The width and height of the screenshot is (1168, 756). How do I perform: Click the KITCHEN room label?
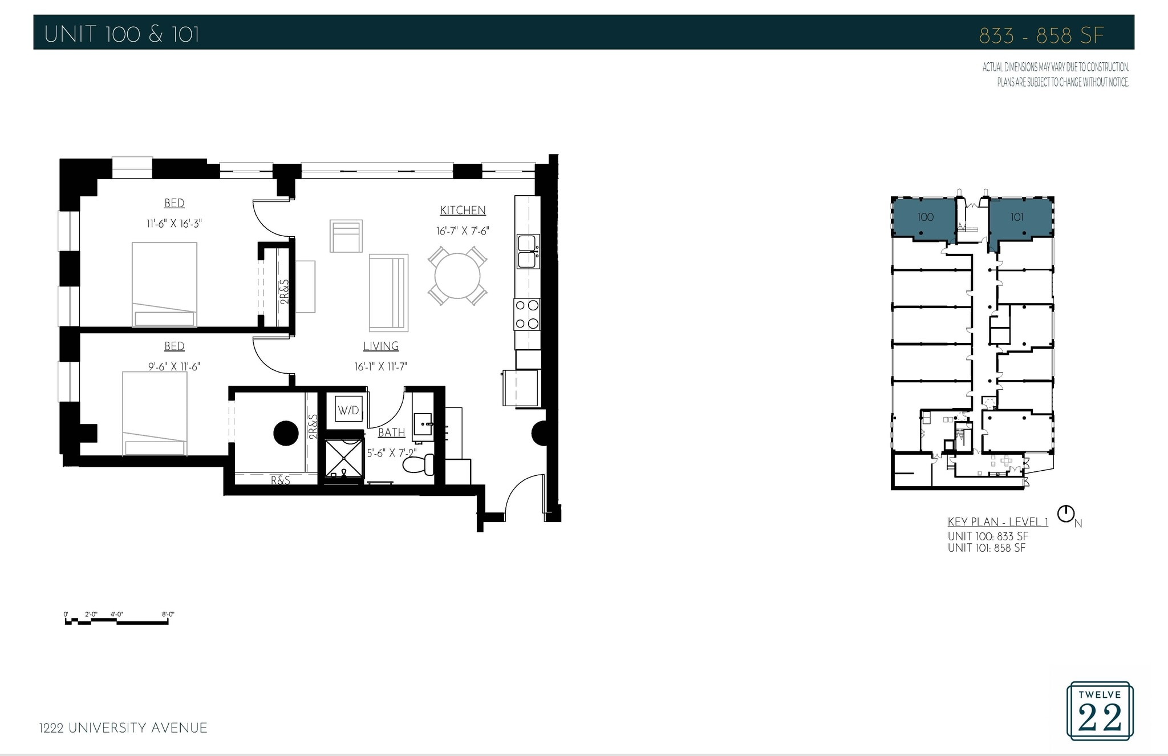[463, 211]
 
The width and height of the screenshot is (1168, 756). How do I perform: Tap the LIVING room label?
[381, 346]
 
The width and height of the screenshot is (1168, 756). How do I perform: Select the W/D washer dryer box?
[348, 410]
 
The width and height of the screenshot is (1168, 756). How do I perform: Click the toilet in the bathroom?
[419, 464]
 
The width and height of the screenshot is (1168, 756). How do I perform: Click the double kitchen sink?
[527, 252]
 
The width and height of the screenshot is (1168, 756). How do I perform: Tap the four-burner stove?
[527, 314]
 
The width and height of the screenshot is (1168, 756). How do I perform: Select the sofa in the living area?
[388, 293]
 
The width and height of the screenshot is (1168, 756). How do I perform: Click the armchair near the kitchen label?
[346, 236]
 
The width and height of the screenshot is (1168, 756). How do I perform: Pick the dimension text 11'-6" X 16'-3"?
[174, 224]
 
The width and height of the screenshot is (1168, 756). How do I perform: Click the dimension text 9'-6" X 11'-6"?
[174, 366]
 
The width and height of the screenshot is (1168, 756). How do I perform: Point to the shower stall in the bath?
[343, 457]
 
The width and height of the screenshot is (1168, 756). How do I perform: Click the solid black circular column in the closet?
[286, 433]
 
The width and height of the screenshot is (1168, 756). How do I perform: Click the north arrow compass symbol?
[1065, 514]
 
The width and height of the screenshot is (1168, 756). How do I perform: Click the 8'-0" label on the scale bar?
[168, 614]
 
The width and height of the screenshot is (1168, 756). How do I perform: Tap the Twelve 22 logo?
[1100, 711]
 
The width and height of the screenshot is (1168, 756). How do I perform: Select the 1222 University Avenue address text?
[123, 728]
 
